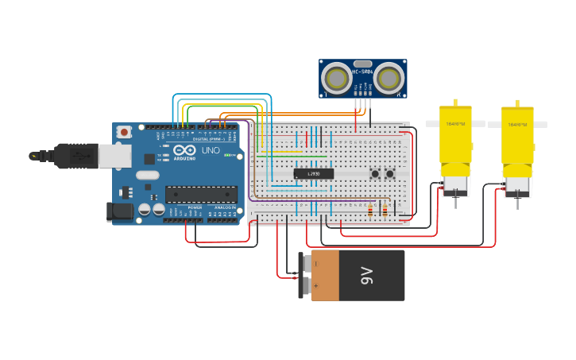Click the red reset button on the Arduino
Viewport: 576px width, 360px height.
pyautogui.click(x=123, y=132)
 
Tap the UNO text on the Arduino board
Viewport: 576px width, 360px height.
pyautogui.click(x=211, y=150)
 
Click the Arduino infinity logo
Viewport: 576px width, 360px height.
pyautogui.click(x=184, y=150)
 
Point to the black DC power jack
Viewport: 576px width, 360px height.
pyautogui.click(x=118, y=211)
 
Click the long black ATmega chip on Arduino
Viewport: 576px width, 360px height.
pyautogui.click(x=201, y=194)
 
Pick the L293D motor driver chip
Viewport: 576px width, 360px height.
pyautogui.click(x=313, y=173)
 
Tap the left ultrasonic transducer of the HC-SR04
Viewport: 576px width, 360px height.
pyautogui.click(x=338, y=78)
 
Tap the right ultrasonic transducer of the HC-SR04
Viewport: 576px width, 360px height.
pyautogui.click(x=389, y=78)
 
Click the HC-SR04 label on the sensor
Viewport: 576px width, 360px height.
pyautogui.click(x=363, y=72)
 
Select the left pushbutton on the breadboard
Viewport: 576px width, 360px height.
pyautogui.click(x=374, y=173)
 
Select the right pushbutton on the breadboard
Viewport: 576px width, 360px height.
pyautogui.click(x=389, y=173)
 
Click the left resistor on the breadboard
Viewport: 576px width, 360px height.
pyautogui.click(x=370, y=210)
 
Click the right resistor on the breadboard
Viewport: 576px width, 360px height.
pyautogui.click(x=385, y=210)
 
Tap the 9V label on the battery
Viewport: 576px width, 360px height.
pyautogui.click(x=366, y=276)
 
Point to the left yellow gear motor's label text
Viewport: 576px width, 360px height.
pyautogui.click(x=455, y=124)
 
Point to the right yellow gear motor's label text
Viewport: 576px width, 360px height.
pyautogui.click(x=516, y=125)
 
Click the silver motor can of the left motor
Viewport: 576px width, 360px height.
pyautogui.click(x=455, y=184)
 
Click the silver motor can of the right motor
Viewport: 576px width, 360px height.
pyautogui.click(x=517, y=186)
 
